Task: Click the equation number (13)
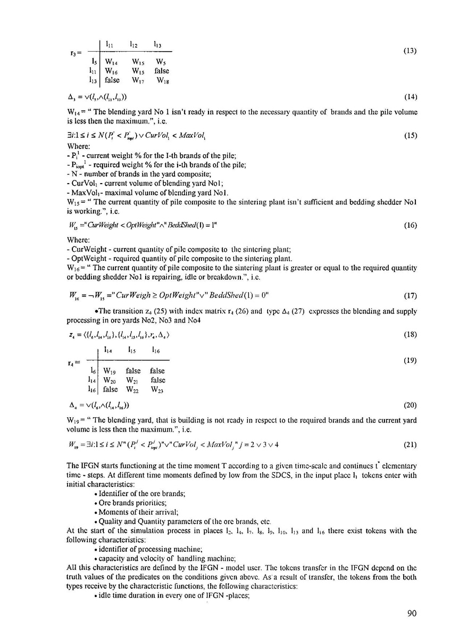pos(411,51)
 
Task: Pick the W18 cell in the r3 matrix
pos(163,80)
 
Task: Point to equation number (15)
pos(411,135)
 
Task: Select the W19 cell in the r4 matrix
pos(111,371)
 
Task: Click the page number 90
pos(412,614)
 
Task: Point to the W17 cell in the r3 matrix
pos(137,80)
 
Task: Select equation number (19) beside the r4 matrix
pos(411,360)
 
